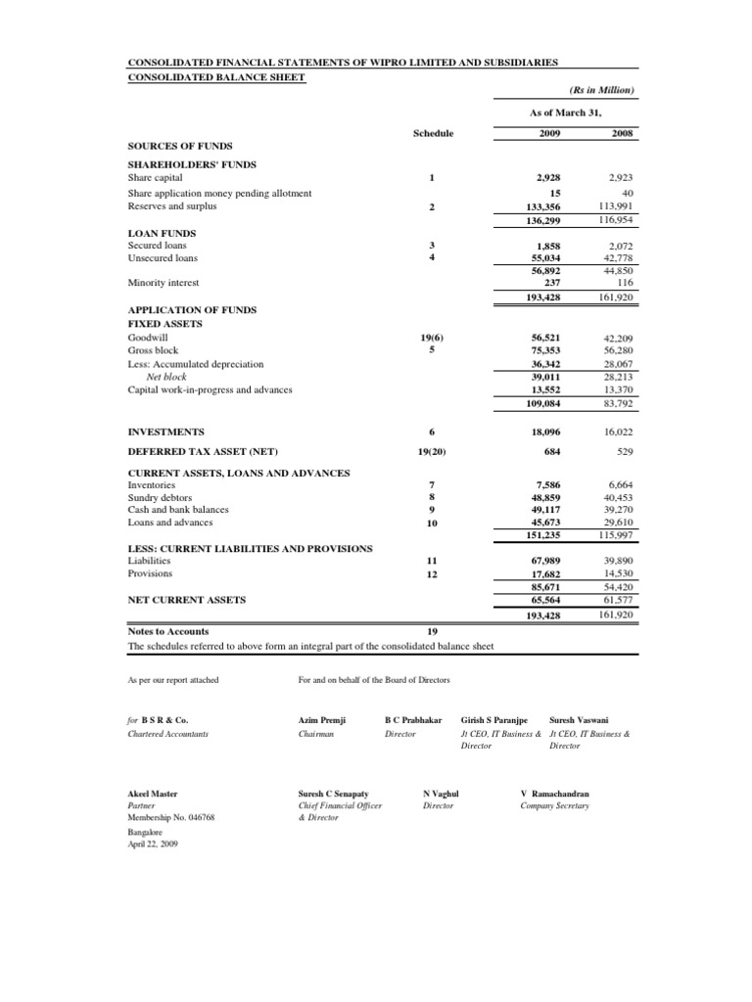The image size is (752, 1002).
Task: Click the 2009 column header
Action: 549,132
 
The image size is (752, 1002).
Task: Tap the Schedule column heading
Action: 433,132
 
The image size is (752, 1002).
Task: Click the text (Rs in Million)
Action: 602,90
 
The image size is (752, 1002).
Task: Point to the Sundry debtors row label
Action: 161,498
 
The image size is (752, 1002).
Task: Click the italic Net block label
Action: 166,376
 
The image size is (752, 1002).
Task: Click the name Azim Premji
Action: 321,719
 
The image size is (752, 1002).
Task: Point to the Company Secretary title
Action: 554,806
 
